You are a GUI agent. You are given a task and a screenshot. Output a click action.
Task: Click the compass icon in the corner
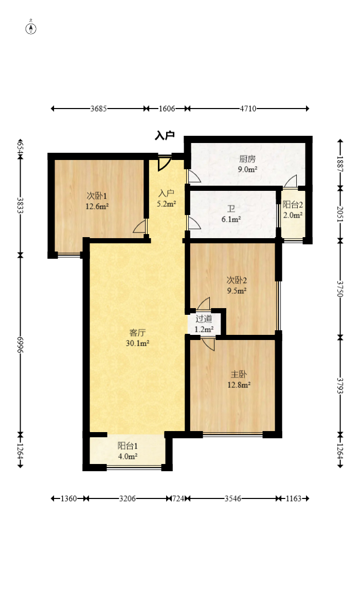[31, 28]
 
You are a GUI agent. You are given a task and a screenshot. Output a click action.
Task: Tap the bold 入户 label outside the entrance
[165, 136]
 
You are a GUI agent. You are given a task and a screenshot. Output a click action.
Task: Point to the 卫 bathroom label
[231, 209]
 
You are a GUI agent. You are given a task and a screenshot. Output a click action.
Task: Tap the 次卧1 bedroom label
[97, 196]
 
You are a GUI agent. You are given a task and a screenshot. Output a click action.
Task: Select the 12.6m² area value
[97, 206]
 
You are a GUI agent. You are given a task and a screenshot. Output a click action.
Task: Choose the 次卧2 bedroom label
[237, 280]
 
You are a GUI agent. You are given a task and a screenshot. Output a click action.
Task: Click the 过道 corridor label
[204, 318]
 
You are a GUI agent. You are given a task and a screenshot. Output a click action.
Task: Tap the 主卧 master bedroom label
[237, 374]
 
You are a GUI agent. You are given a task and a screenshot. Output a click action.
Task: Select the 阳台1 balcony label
[127, 446]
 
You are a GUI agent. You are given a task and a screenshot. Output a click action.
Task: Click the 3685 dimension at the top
[98, 109]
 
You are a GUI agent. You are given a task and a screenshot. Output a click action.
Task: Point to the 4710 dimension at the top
[248, 109]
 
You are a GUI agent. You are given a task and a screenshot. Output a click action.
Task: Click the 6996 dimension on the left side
[20, 344]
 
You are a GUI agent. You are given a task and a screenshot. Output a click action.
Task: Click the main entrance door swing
[164, 164]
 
